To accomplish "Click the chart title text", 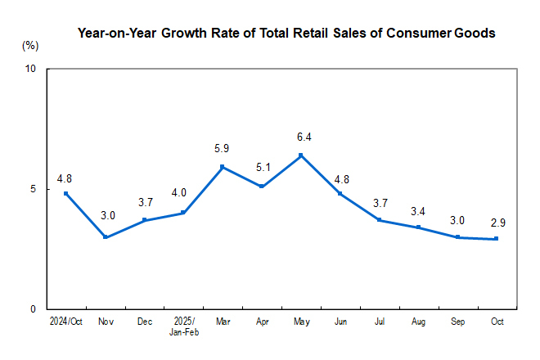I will [x=286, y=34].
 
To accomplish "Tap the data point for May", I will [x=301, y=155].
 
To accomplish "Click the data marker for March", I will [x=223, y=167].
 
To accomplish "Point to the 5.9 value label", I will [x=223, y=149].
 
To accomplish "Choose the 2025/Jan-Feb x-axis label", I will [x=183, y=326].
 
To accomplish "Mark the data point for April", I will [x=262, y=187].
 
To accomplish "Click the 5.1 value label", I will [x=262, y=169].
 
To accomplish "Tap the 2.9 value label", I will [x=497, y=221].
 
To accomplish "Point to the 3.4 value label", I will [x=418, y=209].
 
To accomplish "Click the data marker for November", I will [x=105, y=237].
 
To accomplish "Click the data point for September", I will [x=457, y=237].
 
